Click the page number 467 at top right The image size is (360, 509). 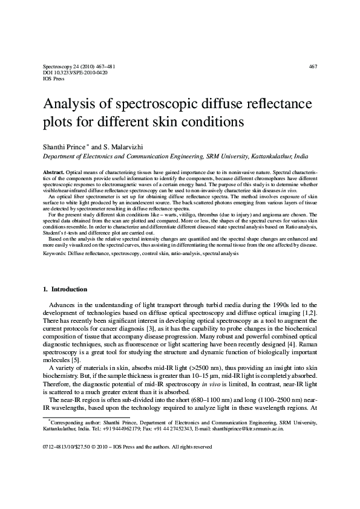pyautogui.click(x=313, y=66)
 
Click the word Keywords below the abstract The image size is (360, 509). pyautogui.click(x=54, y=254)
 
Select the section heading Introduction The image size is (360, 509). pyautogui.click(x=70, y=289)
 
